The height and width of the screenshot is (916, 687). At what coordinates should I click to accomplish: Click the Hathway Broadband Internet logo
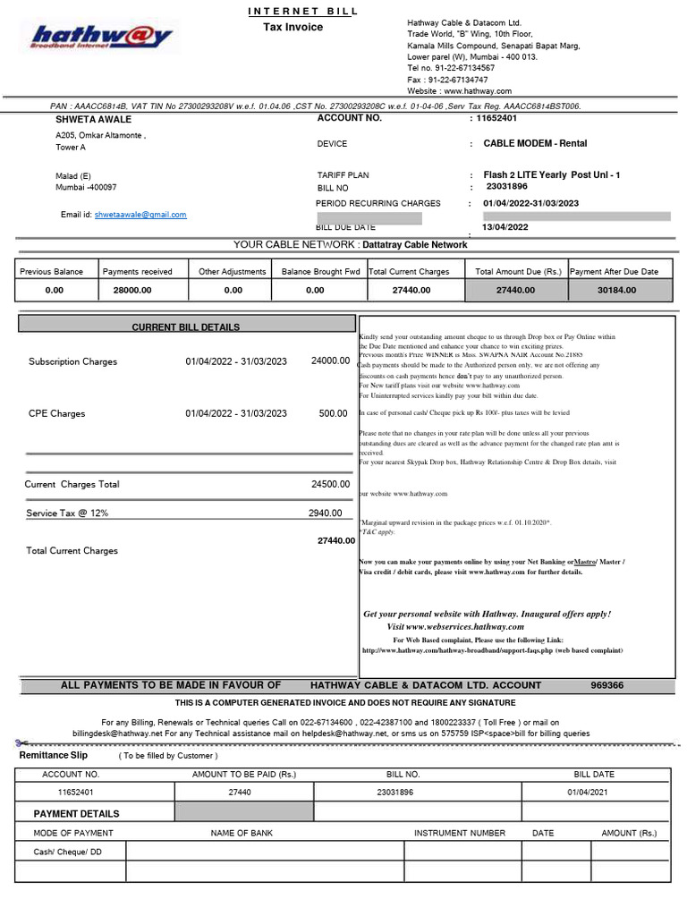point(99,37)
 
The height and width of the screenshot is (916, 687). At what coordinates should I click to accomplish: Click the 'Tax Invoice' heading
point(293,28)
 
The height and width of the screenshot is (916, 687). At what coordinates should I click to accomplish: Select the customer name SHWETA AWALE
point(94,119)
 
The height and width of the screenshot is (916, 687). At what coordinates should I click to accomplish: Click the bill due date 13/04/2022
point(505,227)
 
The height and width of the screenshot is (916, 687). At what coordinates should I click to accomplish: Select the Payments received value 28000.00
point(132,290)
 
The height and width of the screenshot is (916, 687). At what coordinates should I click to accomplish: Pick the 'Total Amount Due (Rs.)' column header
point(517,271)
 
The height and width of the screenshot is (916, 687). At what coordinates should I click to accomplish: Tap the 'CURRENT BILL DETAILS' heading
point(186,327)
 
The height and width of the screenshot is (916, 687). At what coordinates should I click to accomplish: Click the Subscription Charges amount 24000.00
point(330,361)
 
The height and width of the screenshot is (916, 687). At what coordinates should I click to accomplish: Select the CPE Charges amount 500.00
point(334,414)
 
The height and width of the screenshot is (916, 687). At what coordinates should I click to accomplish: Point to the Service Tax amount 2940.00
point(325,513)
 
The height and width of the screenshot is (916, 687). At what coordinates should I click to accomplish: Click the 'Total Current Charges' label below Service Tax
point(72,551)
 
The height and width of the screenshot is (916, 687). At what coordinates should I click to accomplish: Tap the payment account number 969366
point(607,685)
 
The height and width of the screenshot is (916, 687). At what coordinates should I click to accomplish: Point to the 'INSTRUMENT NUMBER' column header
point(460,833)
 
